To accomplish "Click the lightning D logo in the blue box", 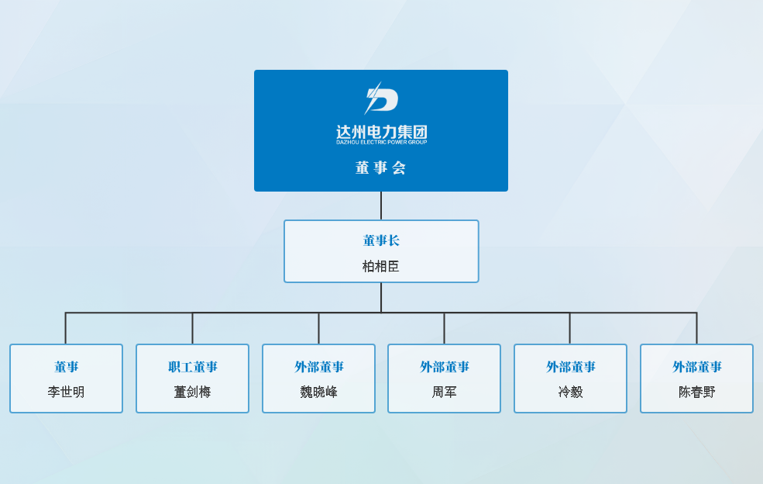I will pyautogui.click(x=381, y=99).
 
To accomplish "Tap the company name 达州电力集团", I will pyautogui.click(x=381, y=132).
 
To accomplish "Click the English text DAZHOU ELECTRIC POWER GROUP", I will pyautogui.click(x=381, y=142).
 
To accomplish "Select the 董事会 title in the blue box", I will pyautogui.click(x=381, y=168).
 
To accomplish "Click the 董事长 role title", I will pyautogui.click(x=381, y=240).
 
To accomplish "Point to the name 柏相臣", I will pyautogui.click(x=381, y=266).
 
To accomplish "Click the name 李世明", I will pyautogui.click(x=66, y=392).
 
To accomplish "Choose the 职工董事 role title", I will pyautogui.click(x=193, y=367).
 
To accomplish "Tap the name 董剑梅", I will pyautogui.click(x=193, y=392).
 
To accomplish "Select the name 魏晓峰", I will pyautogui.click(x=319, y=392).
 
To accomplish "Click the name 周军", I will pyautogui.click(x=445, y=392).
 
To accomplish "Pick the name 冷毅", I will pyautogui.click(x=570, y=392).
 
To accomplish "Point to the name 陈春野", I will pyautogui.click(x=697, y=392).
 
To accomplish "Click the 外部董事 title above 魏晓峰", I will pyautogui.click(x=319, y=367).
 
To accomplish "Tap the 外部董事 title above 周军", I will pyautogui.click(x=445, y=367).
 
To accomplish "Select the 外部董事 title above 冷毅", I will pyautogui.click(x=571, y=367).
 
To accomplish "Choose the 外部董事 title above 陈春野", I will pyautogui.click(x=697, y=367).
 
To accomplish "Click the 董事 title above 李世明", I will pyautogui.click(x=66, y=367).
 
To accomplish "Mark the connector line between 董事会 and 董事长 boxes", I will pyautogui.click(x=381, y=206).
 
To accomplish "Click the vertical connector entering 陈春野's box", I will pyautogui.click(x=696, y=329).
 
